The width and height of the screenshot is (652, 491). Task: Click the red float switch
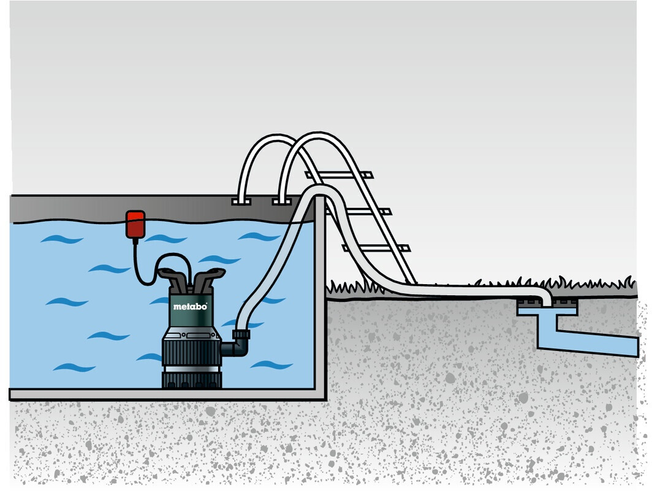click(x=135, y=223)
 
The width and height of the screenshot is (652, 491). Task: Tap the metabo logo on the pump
click(x=191, y=306)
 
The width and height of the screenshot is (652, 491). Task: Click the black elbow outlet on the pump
click(x=237, y=348)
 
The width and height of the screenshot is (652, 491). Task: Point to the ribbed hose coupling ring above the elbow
click(x=241, y=335)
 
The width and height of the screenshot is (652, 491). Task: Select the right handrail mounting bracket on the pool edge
click(x=281, y=201)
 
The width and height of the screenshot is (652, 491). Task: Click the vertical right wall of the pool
click(x=320, y=295)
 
